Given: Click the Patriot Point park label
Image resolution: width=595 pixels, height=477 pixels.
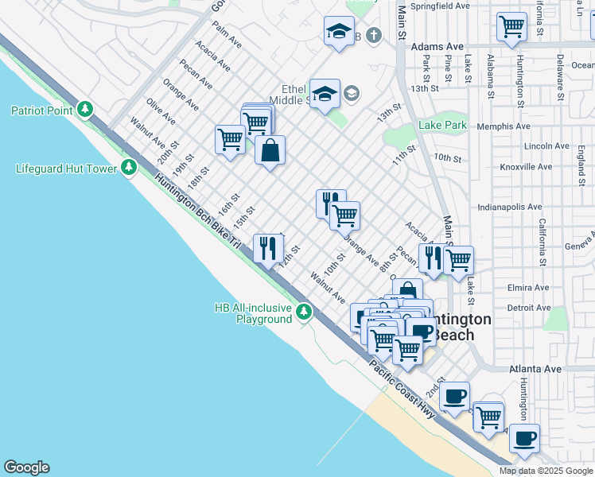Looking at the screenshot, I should [x=41, y=111].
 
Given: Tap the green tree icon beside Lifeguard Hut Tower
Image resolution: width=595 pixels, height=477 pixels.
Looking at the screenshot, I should [x=129, y=167].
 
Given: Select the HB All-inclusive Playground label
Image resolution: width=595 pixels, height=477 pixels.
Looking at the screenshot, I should [x=253, y=313].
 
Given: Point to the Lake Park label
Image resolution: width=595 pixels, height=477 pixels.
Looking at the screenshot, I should [x=443, y=126].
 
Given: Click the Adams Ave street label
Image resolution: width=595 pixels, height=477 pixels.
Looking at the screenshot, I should [x=437, y=47].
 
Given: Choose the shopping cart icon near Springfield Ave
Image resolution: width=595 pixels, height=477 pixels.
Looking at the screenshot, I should [x=511, y=25].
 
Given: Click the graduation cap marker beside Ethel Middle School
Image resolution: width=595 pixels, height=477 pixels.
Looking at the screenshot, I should [x=325, y=95].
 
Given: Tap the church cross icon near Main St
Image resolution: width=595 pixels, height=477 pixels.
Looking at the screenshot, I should [x=374, y=35].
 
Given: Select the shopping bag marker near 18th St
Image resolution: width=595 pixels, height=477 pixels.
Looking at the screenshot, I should [x=270, y=149].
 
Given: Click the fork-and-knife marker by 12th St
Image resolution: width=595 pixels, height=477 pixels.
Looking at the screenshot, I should [x=268, y=247].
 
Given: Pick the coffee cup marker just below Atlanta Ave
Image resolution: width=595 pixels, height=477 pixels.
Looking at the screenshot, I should [x=454, y=396].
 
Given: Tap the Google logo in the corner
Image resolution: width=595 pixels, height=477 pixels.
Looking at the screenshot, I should [x=26, y=467].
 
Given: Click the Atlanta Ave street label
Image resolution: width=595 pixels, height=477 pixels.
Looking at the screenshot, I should [x=535, y=369].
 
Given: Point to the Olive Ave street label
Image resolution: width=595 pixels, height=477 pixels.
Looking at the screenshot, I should [x=161, y=111].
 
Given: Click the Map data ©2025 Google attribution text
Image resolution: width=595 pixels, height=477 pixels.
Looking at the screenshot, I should [x=546, y=471].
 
